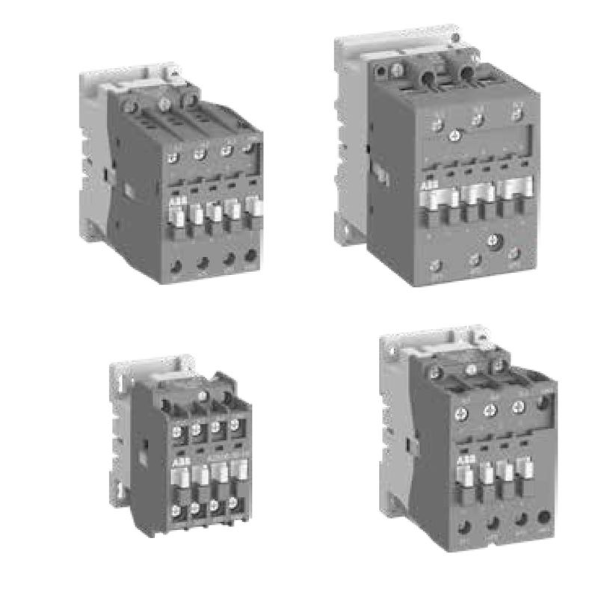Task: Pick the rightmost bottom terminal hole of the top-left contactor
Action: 250,256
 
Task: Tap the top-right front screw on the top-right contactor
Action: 517,116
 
